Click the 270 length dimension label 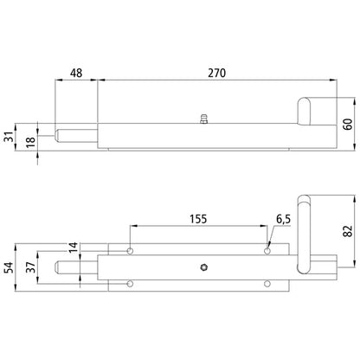[x=217, y=73]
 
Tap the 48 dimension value [x=76, y=73]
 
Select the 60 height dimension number [x=349, y=124]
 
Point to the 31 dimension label [x=10, y=137]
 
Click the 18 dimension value [x=30, y=142]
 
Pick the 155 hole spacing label [x=198, y=219]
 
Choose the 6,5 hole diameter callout [x=283, y=219]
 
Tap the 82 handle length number [x=349, y=231]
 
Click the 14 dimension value [x=74, y=247]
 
